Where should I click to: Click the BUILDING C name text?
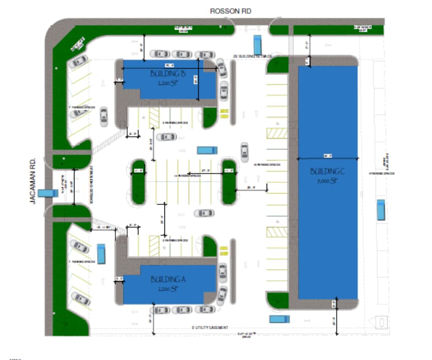coord(327,172)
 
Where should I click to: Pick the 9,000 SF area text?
coord(328,180)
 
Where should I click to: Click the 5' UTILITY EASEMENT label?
coord(210,327)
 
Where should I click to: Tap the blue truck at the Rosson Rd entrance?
coord(257,45)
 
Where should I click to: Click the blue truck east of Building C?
coord(381,210)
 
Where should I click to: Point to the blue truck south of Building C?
coord(279,319)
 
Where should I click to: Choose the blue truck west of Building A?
coord(100,254)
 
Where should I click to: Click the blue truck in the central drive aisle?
coord(206,150)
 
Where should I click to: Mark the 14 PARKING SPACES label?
coord(188,175)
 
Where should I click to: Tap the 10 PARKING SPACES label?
coord(267,165)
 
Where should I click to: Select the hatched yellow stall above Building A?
coord(154,245)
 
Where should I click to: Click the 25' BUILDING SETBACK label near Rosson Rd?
coord(253,56)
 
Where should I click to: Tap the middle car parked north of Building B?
coord(181,54)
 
